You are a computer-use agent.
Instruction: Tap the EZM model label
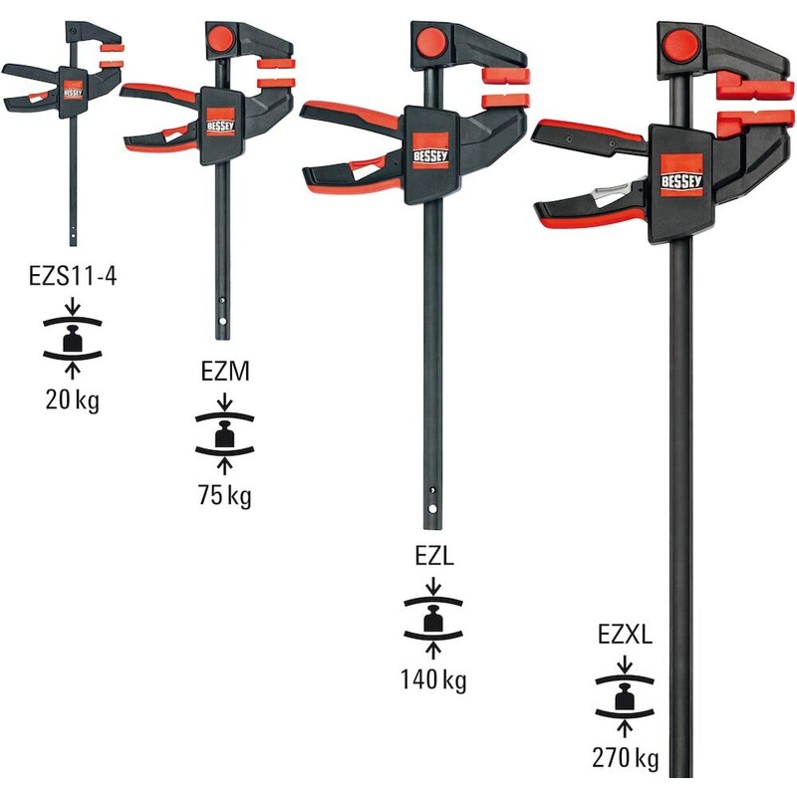point(225,373)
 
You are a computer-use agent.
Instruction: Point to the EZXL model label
point(625,634)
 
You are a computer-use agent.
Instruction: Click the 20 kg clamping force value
point(73,401)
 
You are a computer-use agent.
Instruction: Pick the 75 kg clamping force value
point(225,494)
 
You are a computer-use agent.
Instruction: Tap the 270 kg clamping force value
point(625,759)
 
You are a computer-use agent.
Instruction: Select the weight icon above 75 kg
point(225,434)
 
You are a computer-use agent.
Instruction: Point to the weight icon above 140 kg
point(432,620)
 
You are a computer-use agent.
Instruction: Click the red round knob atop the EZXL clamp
point(680,45)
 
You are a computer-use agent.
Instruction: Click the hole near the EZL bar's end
point(433,489)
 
